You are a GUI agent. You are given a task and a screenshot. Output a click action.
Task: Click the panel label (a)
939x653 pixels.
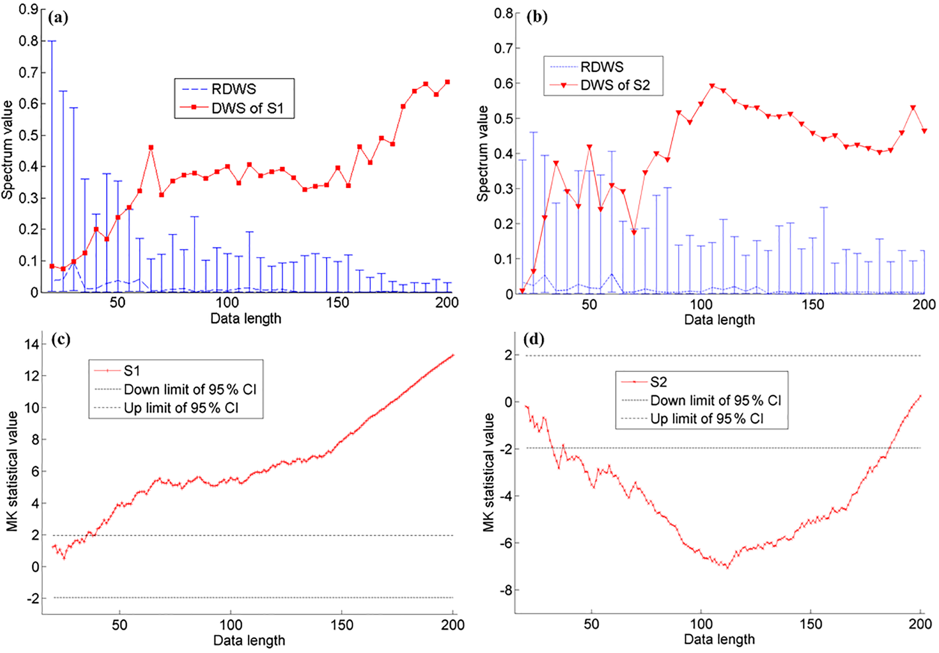58,18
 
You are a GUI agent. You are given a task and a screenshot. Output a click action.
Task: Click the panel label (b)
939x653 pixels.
537,17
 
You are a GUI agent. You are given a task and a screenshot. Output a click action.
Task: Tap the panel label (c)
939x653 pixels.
60,339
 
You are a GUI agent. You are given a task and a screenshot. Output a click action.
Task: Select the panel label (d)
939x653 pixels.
533,339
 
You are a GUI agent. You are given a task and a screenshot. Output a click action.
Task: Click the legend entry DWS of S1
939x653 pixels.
247,108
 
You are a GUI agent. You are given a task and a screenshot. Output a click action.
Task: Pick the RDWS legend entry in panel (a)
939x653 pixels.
234,89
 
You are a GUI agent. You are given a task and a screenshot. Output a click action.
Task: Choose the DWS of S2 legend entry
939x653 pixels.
615,85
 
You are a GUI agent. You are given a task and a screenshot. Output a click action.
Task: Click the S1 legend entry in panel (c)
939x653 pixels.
132,371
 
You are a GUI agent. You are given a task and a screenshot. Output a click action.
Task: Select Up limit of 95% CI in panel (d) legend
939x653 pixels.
706,419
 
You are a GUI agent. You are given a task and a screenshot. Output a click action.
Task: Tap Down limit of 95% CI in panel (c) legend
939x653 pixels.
190,389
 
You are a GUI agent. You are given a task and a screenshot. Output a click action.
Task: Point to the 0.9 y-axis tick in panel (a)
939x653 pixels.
28,9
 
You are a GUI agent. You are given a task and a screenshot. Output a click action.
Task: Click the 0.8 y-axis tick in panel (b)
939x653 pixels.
503,13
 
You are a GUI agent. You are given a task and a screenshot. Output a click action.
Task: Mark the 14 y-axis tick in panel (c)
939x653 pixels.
32,344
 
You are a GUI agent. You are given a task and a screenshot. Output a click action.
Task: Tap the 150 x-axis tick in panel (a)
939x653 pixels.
337,303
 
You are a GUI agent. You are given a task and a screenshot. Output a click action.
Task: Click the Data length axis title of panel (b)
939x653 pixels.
719,320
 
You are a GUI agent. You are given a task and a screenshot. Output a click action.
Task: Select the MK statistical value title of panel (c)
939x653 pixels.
12,471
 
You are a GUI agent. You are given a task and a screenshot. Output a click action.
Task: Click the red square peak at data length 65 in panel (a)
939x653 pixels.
151,148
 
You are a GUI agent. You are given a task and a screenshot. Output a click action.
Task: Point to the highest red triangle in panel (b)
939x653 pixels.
712,86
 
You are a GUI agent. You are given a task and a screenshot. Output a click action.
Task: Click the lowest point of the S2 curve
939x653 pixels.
727,568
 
